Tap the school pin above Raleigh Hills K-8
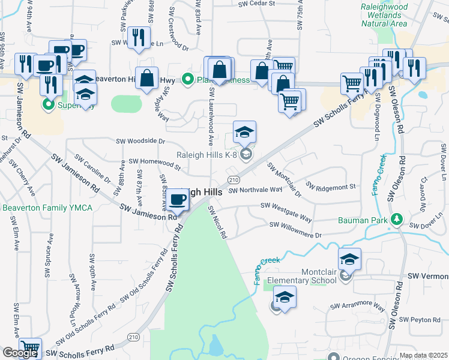pos(244,132)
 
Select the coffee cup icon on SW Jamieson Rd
pos(177,200)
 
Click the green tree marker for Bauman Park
pos(396,220)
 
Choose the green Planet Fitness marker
pos(188,79)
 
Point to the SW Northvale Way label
pos(255,190)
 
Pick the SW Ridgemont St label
pos(331,185)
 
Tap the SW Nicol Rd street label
pos(217,223)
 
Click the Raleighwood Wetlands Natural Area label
pos(384,16)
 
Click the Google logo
pos(20,353)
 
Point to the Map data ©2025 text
pos(423,355)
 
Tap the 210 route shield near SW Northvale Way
pos(234,180)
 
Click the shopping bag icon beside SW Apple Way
pos(146,78)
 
